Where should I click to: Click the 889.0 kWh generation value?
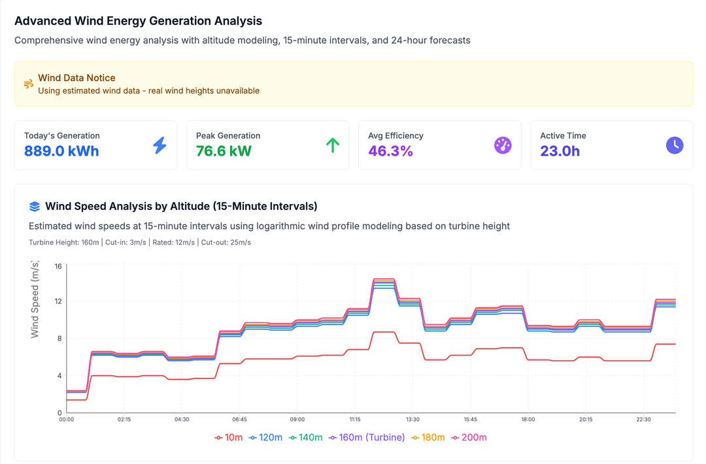click(61, 151)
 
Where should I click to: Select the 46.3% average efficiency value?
click(390, 151)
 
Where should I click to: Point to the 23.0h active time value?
click(560, 151)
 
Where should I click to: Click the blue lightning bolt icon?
click(160, 145)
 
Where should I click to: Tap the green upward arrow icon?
click(332, 145)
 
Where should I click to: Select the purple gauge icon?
click(503, 145)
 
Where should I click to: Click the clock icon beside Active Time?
click(675, 145)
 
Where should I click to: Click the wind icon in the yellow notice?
click(29, 84)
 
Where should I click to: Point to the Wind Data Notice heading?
click(76, 78)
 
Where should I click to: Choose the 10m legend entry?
click(229, 437)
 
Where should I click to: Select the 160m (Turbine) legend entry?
click(367, 437)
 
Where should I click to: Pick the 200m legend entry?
click(469, 437)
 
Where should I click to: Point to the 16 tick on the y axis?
click(58, 266)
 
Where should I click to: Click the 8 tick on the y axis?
click(59, 339)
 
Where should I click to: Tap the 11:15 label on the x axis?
click(355, 420)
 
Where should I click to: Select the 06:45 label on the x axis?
click(239, 420)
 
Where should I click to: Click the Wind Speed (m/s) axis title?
click(35, 299)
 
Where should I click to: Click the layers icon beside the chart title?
click(35, 207)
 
